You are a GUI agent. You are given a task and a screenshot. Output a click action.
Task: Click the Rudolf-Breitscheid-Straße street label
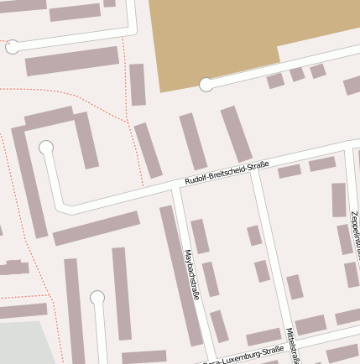[227, 172]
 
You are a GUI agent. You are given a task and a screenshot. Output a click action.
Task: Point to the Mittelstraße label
[293, 345]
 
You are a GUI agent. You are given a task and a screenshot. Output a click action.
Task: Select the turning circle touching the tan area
[206, 84]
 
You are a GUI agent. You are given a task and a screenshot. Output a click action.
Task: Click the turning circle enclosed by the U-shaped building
[46, 148]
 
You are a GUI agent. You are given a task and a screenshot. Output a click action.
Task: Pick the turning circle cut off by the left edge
[12, 47]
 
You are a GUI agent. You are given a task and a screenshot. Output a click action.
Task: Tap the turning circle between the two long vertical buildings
[97, 297]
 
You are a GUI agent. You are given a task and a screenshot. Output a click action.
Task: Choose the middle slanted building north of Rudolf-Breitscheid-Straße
[193, 141]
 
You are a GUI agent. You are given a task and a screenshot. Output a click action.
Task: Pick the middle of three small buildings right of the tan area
[297, 74]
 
